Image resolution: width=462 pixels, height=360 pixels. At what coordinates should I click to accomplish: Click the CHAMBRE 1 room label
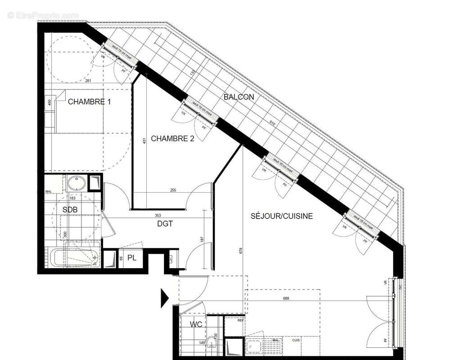[x=89, y=102]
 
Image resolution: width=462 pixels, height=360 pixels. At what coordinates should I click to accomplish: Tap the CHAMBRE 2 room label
[x=172, y=139]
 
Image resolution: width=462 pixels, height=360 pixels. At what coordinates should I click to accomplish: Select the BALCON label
[x=239, y=97]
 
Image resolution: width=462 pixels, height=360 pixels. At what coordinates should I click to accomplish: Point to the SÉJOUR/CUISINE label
[x=281, y=216]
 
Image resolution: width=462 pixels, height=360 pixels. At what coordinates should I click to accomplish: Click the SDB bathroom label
[x=70, y=210]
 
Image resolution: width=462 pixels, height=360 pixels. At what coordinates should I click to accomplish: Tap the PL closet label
[x=131, y=258]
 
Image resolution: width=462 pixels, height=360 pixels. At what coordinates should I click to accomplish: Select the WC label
[x=196, y=324]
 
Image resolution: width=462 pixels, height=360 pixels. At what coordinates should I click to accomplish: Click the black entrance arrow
[x=164, y=296]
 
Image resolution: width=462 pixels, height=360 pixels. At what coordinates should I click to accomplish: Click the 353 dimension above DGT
[x=157, y=216]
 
